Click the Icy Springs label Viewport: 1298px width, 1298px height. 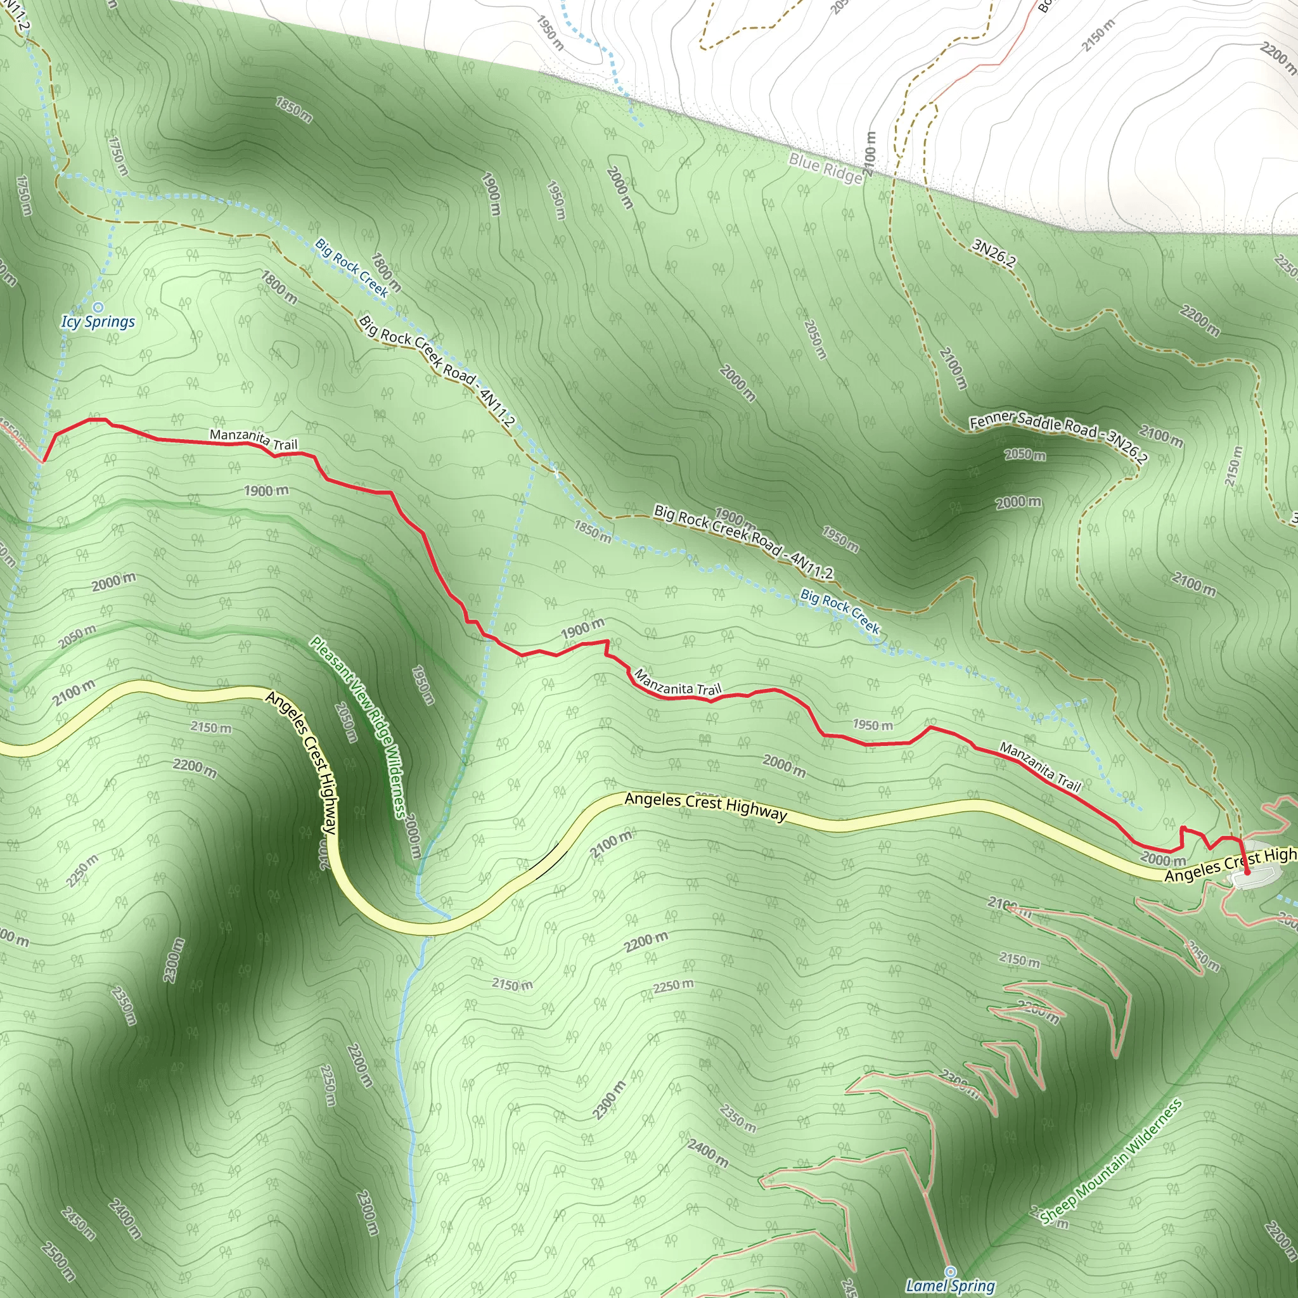point(98,322)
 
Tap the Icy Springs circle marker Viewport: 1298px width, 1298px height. point(98,307)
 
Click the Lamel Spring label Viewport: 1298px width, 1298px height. point(950,1286)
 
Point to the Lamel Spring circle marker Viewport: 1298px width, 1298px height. point(950,1271)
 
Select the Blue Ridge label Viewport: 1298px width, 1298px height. point(825,169)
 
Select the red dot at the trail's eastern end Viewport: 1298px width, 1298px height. point(1247,872)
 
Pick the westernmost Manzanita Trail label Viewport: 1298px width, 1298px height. point(254,439)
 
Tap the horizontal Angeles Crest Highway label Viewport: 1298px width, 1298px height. point(705,806)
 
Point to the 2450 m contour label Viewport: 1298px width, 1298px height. point(78,1223)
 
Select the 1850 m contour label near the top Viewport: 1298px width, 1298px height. point(293,110)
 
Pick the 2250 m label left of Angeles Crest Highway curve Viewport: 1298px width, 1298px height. point(82,871)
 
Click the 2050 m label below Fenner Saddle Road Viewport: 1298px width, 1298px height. point(1025,455)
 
